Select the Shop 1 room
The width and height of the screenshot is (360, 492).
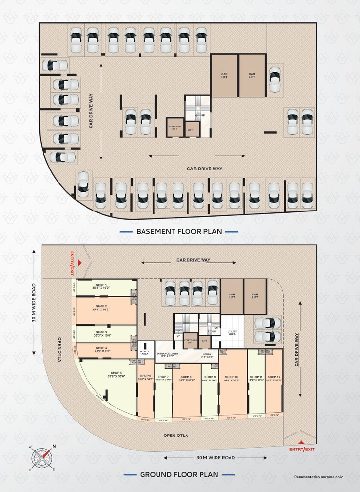click(104, 288)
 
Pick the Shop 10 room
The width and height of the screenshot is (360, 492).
click(233, 381)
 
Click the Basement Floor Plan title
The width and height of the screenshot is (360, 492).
click(179, 231)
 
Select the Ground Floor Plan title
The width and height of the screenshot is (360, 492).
click(179, 474)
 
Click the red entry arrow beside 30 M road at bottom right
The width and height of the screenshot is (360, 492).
click(301, 442)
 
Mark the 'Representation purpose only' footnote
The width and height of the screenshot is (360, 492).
click(318, 477)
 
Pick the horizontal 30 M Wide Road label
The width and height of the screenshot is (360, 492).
click(215, 457)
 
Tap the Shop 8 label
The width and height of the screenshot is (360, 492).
click(187, 379)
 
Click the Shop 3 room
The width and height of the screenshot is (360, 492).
click(104, 334)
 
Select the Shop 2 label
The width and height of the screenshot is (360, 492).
click(101, 308)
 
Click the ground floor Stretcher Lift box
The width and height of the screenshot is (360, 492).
click(190, 340)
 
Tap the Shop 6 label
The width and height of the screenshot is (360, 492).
click(146, 377)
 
